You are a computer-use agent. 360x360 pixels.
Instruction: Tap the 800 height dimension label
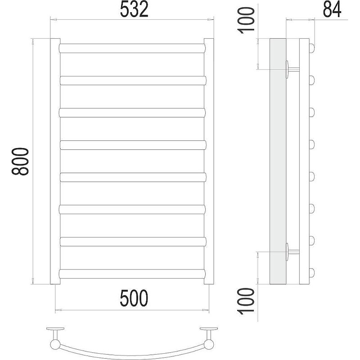(x=20, y=162)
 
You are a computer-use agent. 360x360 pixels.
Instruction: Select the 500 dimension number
(x=134, y=298)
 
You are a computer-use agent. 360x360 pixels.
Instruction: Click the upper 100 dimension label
(x=246, y=20)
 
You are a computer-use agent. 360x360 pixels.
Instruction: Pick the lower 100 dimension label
(x=246, y=301)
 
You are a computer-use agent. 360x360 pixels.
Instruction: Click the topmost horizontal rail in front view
(x=132, y=48)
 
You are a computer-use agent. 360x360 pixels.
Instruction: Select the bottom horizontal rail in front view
(x=132, y=274)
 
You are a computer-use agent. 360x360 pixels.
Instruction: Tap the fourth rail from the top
(x=133, y=145)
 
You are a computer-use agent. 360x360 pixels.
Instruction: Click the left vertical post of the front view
(x=55, y=161)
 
